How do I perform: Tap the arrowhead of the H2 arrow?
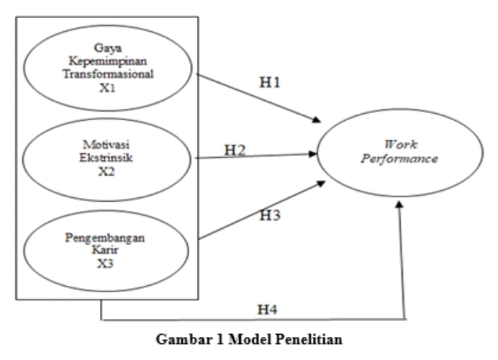point(314,153)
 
